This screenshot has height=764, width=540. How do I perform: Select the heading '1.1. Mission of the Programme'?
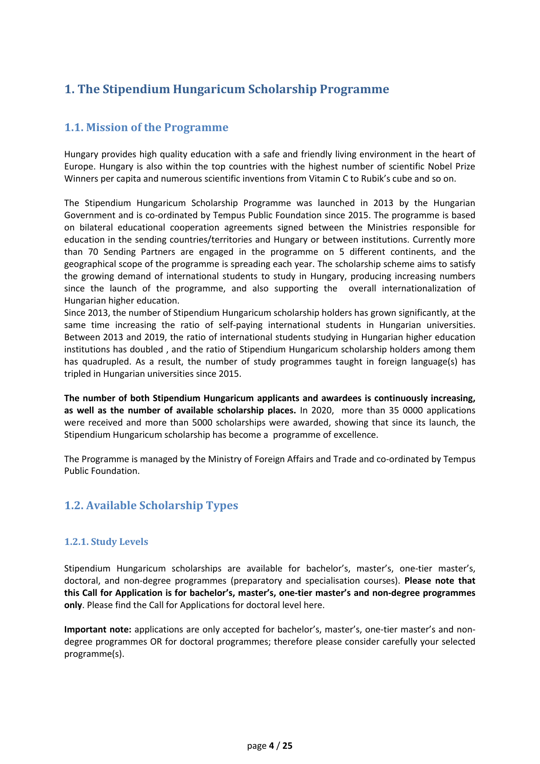coord(146,128)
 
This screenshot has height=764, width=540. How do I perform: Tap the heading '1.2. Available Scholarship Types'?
coord(151,506)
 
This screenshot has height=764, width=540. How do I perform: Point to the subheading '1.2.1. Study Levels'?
coord(106,542)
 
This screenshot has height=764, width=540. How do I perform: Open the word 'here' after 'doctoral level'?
coord(315,605)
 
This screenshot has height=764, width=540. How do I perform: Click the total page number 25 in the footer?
coord(288,746)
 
